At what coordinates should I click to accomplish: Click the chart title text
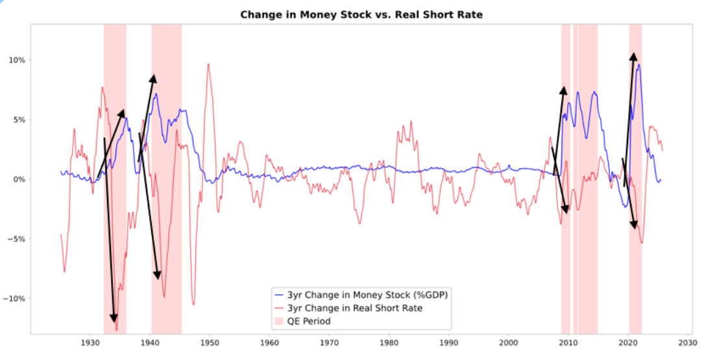tap(362, 14)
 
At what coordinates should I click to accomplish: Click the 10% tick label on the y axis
tap(17, 60)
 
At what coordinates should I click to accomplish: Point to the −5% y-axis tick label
tap(16, 239)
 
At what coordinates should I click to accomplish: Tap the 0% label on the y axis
tap(18, 179)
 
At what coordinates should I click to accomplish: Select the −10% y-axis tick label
tap(14, 298)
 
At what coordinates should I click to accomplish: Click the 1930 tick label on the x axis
tap(90, 342)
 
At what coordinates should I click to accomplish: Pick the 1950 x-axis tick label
tap(210, 342)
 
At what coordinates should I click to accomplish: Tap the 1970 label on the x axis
tap(329, 342)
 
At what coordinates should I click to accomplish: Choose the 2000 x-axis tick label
tap(509, 342)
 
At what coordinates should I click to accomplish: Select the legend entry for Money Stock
tap(368, 295)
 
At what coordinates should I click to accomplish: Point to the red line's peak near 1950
tap(208, 64)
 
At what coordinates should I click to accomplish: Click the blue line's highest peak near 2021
tap(639, 64)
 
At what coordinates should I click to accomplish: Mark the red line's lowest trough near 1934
tap(117, 330)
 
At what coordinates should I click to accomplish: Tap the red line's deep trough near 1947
tap(193, 304)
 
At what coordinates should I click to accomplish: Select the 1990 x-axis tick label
tap(448, 342)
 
